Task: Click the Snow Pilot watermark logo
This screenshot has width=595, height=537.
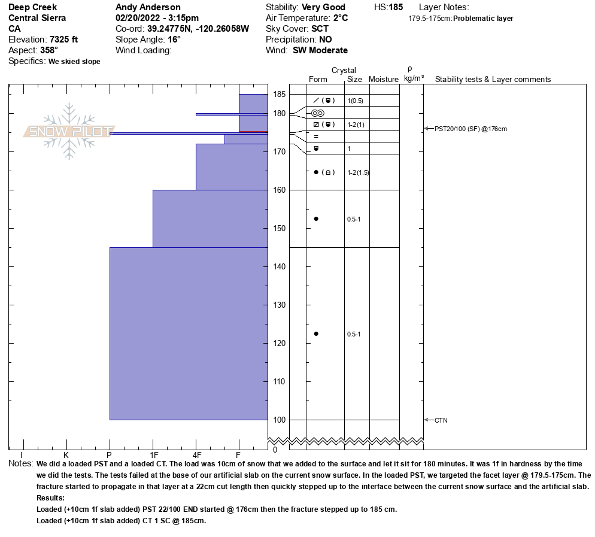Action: coord(69,131)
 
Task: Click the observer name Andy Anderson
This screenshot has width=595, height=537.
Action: coord(148,7)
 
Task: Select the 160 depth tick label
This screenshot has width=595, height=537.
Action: coord(279,190)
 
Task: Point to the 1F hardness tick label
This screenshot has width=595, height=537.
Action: coord(153,455)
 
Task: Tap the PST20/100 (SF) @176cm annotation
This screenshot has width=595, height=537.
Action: coord(470,129)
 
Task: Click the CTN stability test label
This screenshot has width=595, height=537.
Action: coord(441,420)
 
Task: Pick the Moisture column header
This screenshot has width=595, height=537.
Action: coord(384,80)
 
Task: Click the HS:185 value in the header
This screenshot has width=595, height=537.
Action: coord(388,7)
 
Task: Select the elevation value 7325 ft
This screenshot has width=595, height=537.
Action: coord(63,40)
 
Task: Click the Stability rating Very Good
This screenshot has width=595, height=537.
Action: coord(323,7)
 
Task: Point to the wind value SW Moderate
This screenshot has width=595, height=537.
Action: coord(320,50)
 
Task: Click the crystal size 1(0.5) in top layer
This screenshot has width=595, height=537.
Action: coord(356,101)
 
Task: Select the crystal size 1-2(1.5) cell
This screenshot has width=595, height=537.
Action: coord(358,172)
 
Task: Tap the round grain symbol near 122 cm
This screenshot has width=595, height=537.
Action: coord(316,334)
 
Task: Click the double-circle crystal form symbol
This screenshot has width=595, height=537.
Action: coord(317,113)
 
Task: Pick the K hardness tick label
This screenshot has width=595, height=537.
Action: coord(66,455)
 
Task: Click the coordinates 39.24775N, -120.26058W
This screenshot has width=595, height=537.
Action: coord(198,29)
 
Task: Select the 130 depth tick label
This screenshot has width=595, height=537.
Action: coord(279,305)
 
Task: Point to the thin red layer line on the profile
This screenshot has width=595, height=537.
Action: coord(253,132)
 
